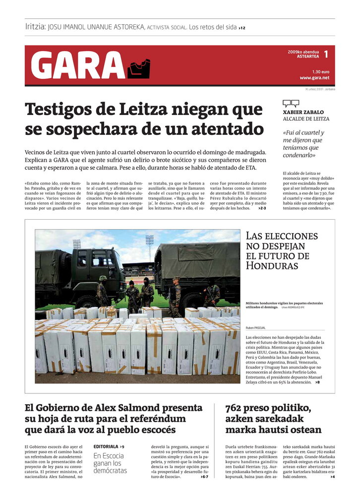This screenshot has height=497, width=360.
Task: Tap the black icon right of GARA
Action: (x=139, y=68)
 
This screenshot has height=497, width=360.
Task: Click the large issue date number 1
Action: (x=326, y=54)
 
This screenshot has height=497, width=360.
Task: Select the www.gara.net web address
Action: (x=314, y=78)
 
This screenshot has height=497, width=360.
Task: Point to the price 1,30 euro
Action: (x=321, y=71)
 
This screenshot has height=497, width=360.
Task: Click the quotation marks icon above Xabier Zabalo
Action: (x=291, y=104)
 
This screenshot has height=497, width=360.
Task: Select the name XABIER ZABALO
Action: (x=303, y=113)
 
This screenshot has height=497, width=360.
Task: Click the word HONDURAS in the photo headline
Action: (x=271, y=265)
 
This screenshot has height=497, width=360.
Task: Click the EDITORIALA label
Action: (x=106, y=446)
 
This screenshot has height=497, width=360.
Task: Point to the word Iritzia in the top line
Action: (x=35, y=27)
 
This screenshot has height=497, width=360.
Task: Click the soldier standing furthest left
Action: (x=102, y=294)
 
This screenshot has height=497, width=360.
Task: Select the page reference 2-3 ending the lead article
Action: (x=262, y=208)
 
